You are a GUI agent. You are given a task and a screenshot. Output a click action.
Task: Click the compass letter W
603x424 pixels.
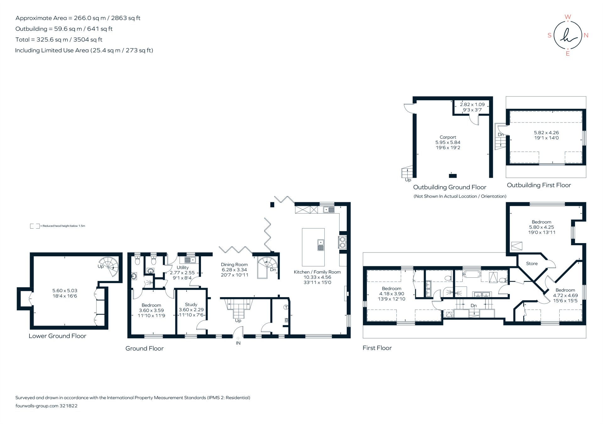coord(568,17)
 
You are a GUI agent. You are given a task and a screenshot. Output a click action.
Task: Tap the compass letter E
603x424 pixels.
coord(568,54)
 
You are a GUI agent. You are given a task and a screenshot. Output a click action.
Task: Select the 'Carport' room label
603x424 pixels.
coord(448,137)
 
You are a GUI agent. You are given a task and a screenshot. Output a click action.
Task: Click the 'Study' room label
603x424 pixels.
coord(191,305)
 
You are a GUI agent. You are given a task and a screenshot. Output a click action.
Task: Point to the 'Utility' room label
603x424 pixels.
coord(182,268)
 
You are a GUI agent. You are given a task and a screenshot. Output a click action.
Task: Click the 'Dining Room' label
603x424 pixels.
coord(234,265)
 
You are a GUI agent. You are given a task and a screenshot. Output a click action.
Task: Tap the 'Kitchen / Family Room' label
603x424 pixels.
coord(317,272)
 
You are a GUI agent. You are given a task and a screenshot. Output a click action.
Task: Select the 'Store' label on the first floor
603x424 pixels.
coord(532,264)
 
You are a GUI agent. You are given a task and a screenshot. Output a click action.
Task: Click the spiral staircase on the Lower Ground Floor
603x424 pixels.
coord(109,266)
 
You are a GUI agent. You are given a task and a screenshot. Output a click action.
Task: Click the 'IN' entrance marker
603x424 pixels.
coord(238,343)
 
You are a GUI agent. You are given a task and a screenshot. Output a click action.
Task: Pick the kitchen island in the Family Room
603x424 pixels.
coord(313,247)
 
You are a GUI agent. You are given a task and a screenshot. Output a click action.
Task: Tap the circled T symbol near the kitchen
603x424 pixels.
coord(286,307)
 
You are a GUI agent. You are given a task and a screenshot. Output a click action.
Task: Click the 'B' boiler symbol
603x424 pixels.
coord(286,320)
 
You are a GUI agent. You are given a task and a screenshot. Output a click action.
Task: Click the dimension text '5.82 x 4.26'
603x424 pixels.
coord(546,133)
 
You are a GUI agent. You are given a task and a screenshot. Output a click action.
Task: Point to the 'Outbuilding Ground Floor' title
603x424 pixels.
coord(449,187)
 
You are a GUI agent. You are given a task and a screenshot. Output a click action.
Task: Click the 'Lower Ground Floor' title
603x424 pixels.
coord(57,336)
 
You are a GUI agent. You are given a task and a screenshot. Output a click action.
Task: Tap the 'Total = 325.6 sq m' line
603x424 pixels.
coord(59,40)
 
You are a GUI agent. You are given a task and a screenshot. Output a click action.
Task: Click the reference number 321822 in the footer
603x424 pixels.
coord(68,406)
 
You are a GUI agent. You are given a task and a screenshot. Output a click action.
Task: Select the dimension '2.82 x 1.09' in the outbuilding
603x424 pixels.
coord(472,105)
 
